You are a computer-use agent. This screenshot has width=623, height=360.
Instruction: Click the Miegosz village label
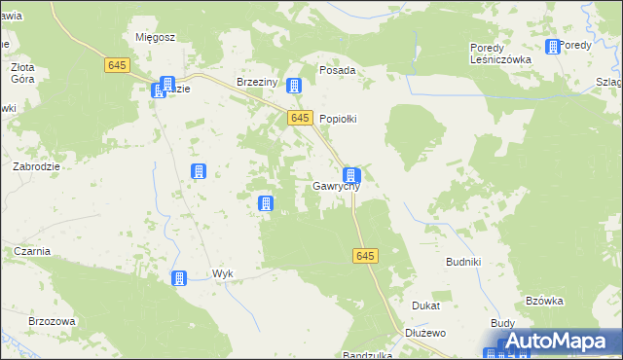click(x=155, y=37)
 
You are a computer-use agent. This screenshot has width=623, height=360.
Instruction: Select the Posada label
click(x=338, y=71)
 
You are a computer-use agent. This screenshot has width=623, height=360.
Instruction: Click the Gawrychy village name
click(x=337, y=186)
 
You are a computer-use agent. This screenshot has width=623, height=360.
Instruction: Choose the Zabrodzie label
click(x=36, y=166)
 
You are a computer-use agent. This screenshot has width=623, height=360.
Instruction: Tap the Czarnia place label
click(x=32, y=251)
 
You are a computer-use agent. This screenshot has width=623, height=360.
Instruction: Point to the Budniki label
click(x=463, y=263)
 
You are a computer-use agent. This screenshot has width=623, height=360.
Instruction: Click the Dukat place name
click(x=425, y=306)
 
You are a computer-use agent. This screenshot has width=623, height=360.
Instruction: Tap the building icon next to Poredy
click(x=553, y=46)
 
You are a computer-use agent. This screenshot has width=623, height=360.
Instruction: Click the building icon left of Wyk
click(x=179, y=278)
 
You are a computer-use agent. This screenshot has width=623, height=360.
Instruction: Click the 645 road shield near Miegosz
click(x=117, y=64)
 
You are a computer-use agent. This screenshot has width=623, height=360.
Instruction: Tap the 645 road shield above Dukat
click(x=364, y=255)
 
